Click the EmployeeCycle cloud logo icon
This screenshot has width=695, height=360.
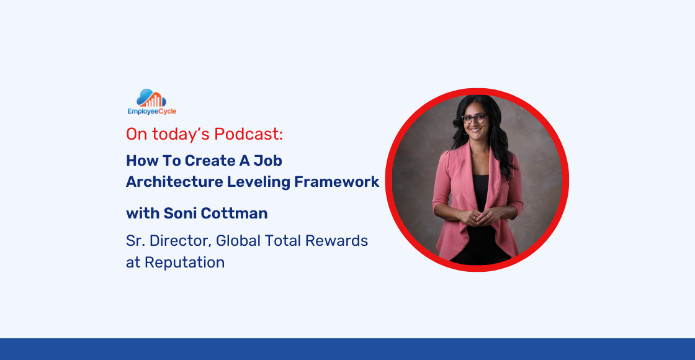(151, 98)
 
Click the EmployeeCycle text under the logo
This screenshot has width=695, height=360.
(151, 112)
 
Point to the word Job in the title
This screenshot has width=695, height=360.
(270, 161)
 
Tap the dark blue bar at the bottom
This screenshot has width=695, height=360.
(347, 349)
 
